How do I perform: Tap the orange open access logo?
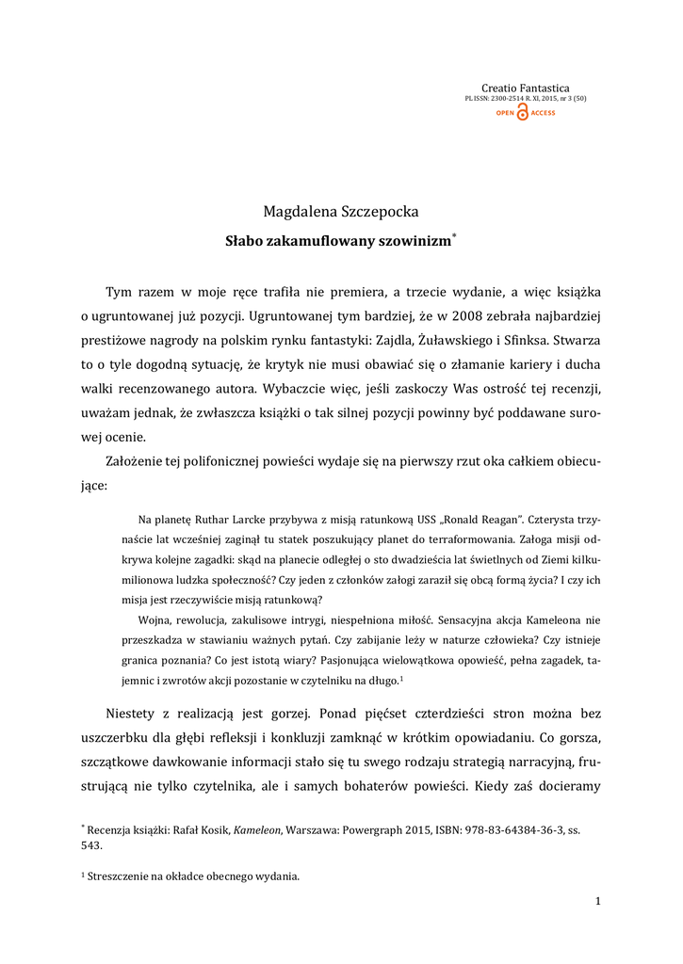(x=525, y=113)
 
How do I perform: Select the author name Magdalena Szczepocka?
(x=340, y=211)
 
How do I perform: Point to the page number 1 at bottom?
(x=597, y=901)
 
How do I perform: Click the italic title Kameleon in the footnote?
(x=257, y=829)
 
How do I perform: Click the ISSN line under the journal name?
(x=525, y=98)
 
